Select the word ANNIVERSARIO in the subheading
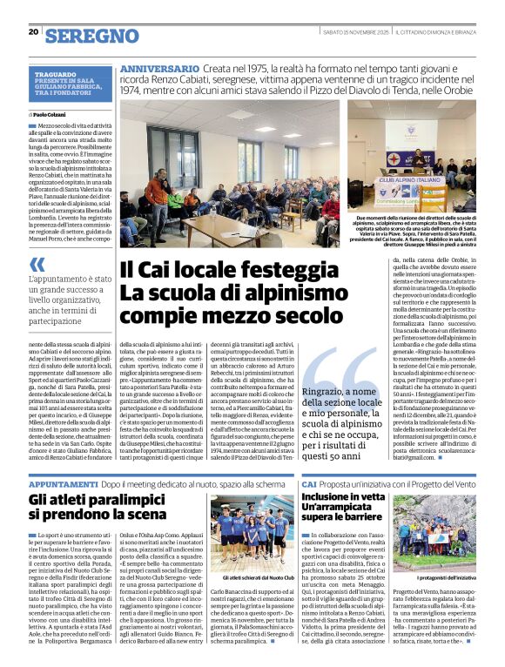[159, 69]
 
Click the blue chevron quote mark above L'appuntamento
[36, 264]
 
